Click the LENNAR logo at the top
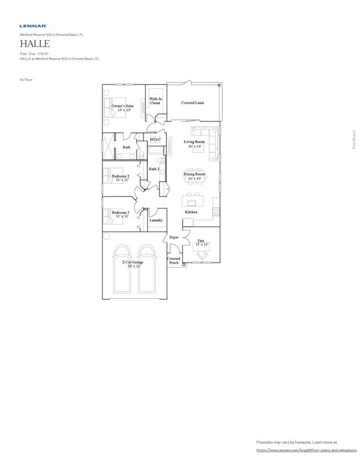tap(33, 25)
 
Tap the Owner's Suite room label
tap(122, 107)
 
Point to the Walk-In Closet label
tap(155, 101)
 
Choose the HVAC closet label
tap(155, 140)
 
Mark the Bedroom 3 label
tap(120, 214)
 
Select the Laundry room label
tap(156, 220)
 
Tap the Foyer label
tap(174, 237)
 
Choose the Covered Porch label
tap(174, 260)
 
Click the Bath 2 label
tap(154, 169)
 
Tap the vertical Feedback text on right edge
tap(354, 139)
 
